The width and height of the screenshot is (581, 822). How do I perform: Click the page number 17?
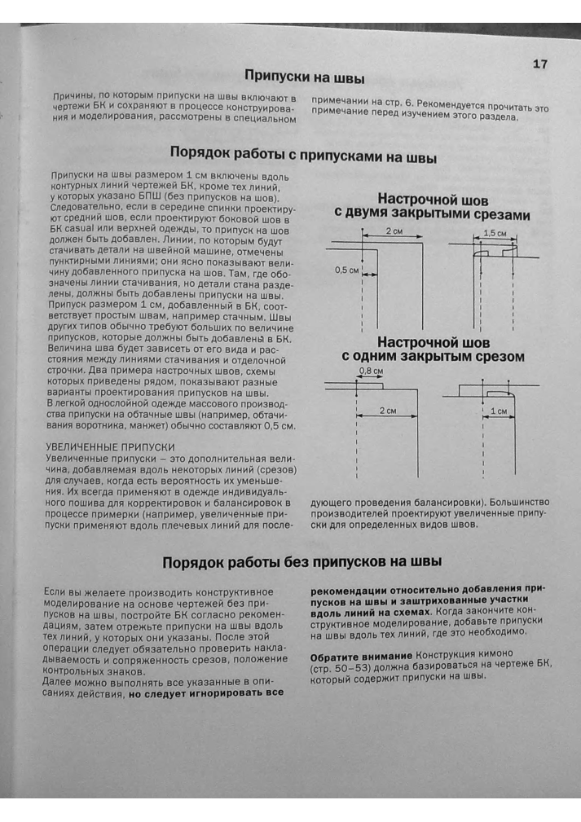tap(540, 64)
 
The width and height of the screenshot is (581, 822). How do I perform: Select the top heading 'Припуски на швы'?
tap(304, 78)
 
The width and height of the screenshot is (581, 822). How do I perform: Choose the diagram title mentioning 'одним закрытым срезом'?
tap(432, 357)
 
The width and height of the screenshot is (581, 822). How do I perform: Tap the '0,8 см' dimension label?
tap(371, 371)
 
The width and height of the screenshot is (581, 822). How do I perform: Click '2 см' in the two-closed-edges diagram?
tap(394, 232)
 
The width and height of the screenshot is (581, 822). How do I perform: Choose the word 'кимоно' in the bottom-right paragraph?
tap(512, 656)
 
